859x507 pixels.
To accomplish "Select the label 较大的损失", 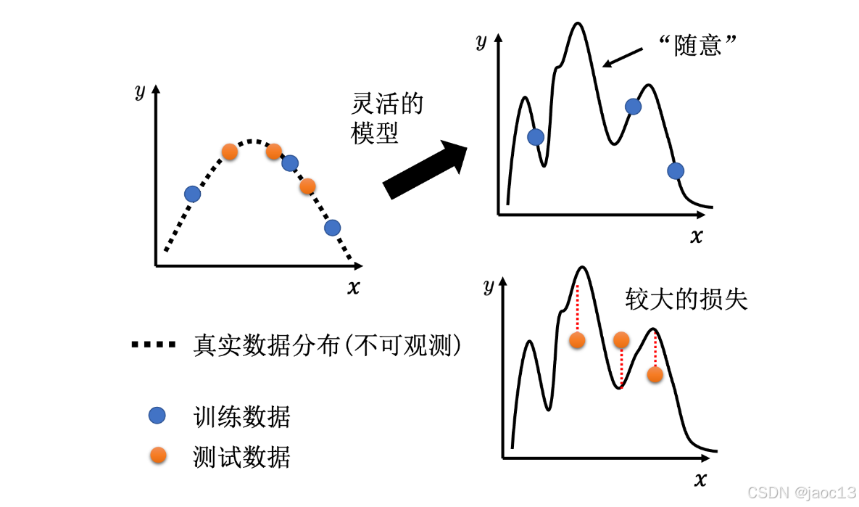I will coord(686,300).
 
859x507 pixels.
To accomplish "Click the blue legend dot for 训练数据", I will coord(157,416).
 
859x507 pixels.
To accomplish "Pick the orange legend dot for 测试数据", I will coord(157,456).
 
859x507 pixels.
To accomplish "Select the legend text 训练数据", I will coord(242,416).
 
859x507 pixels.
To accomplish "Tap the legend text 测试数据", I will coord(242,456).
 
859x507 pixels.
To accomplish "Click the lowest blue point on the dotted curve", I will coord(332,227).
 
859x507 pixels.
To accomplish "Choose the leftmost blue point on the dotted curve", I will coord(192,194).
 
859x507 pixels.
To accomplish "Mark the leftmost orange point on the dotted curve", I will coord(229,152).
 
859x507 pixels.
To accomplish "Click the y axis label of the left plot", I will coord(140,91).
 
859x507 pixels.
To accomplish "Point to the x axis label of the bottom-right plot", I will coord(700,479).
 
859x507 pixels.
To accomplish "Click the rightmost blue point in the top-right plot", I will coord(676,170).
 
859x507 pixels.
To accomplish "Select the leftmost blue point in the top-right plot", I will coord(536,136).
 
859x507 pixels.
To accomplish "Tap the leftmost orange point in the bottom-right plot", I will coord(578,340).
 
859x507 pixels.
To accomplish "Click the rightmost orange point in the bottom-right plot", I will coord(655,374).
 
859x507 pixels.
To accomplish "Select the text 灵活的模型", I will coord(386,119).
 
